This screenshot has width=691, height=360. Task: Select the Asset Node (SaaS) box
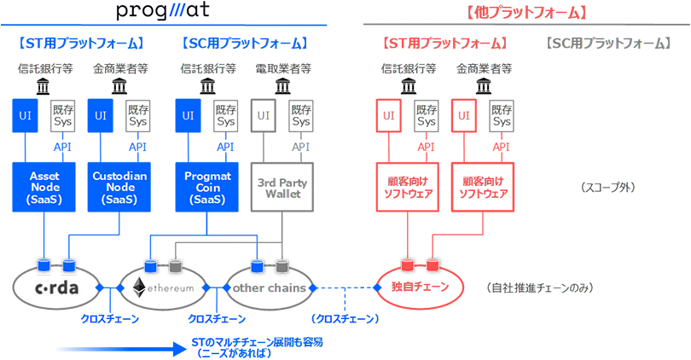[x=44, y=188]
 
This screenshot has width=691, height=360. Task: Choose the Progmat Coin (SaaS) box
[x=207, y=188]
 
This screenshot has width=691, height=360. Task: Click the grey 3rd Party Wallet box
[x=282, y=188]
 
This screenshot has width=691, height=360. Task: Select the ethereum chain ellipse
[x=162, y=287]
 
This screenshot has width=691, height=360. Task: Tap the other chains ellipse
[x=269, y=287]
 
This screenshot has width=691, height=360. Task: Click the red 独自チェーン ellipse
[x=419, y=287]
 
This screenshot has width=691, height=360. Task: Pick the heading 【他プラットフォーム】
[x=526, y=13]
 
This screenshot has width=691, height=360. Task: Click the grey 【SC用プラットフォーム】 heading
[x=607, y=43]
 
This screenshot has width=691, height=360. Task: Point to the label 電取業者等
[x=282, y=68]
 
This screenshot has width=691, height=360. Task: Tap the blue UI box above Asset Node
[x=25, y=115]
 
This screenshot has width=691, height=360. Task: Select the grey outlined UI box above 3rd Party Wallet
[x=264, y=115]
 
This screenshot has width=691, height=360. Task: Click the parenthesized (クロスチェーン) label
[x=345, y=318]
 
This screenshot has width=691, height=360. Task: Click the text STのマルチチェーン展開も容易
[x=257, y=342]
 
